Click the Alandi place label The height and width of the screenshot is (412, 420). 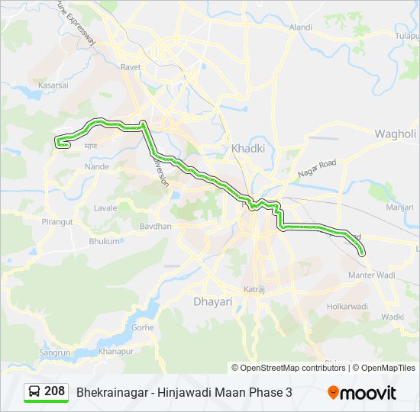pos(300,27)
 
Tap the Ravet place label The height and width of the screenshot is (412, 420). pos(130,66)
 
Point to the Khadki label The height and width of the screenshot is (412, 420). pos(247,148)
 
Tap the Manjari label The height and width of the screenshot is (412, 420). pos(399,207)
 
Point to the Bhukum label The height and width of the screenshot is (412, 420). pos(105,241)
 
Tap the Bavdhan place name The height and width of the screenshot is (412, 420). pos(156,227)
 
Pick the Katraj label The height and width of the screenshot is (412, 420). pos(254,290)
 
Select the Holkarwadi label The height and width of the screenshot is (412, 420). pos(347,306)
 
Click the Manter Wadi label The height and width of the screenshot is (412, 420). pos(371,274)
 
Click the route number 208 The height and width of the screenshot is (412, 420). pos(54,391)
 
